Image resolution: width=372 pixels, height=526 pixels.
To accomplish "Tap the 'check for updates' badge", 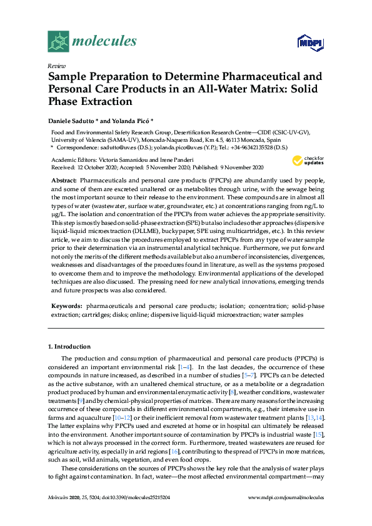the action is coord(308,161).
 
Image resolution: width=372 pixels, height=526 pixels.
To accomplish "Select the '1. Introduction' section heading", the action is coord(69,346).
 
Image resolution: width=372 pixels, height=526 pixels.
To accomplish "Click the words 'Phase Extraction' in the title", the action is coord(91,101).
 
